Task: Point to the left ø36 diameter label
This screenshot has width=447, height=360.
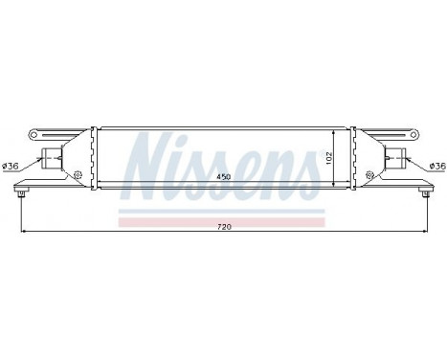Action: click(12, 167)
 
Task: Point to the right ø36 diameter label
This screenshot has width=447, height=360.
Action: click(436, 167)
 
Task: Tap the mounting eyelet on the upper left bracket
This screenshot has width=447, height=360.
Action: click(35, 131)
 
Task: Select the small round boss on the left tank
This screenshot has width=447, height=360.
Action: click(76, 174)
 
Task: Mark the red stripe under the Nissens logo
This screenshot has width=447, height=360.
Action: click(222, 220)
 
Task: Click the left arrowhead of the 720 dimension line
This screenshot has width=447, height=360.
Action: click(23, 231)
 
